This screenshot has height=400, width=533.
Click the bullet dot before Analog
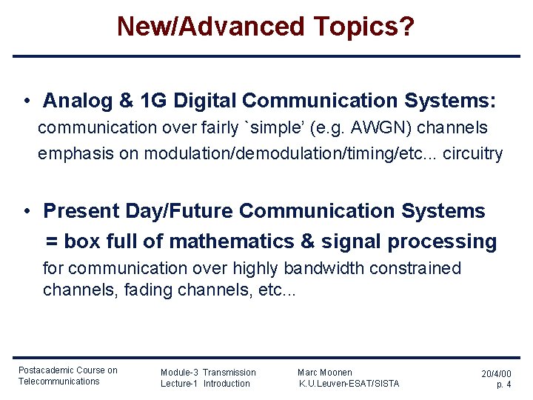point(26,101)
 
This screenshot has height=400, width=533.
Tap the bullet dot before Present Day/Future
point(26,211)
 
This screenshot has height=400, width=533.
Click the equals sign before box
point(52,241)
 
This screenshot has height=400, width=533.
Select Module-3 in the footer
point(178,372)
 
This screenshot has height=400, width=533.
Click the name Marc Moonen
point(325,372)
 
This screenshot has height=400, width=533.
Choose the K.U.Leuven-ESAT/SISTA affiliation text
point(349,383)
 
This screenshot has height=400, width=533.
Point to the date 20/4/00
point(496,374)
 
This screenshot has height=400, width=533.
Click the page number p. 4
point(503,384)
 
